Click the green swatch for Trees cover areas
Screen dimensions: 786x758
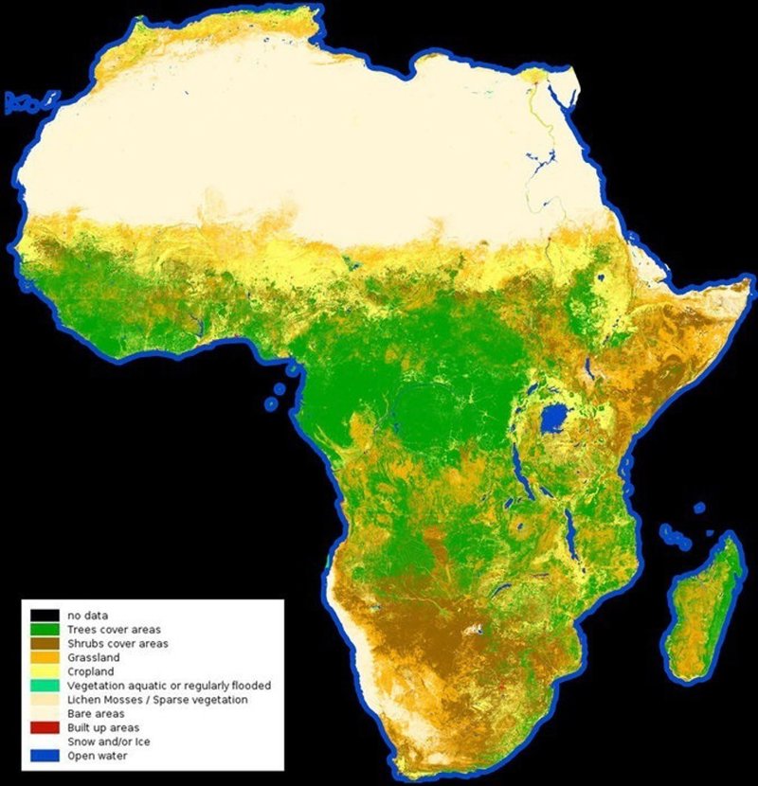[x=45, y=629]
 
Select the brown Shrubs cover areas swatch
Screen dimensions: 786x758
[x=45, y=643]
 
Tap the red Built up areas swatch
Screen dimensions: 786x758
[x=45, y=727]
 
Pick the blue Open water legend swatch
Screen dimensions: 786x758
[x=45, y=756]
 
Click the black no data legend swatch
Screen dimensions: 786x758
[x=45, y=615]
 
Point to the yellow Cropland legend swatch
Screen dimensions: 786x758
[x=45, y=671]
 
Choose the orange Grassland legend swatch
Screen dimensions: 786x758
[x=45, y=657]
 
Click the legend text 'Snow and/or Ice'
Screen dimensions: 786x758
[x=109, y=741]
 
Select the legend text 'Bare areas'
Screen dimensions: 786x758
[x=97, y=713]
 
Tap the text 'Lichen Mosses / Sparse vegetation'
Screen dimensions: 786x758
[x=157, y=699]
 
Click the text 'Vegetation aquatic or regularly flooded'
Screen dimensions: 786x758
[x=170, y=686]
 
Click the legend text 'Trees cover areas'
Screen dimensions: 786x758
[x=115, y=629]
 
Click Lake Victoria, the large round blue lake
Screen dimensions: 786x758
[x=551, y=420]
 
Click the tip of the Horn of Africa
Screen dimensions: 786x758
[x=749, y=281]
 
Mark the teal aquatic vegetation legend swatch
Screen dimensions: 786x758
[x=45, y=686]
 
